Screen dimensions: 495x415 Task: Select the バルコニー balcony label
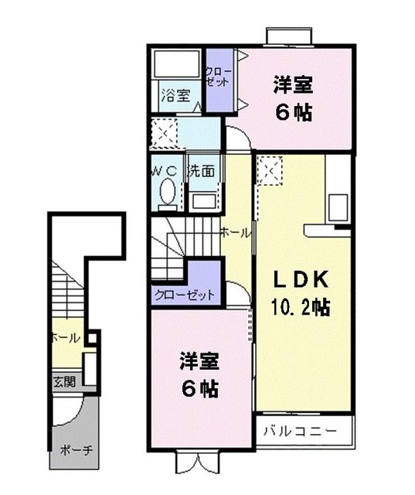click(298, 430)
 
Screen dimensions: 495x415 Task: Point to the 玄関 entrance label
click(63, 381)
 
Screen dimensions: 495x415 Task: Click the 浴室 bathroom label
click(176, 96)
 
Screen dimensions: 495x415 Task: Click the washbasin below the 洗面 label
click(203, 200)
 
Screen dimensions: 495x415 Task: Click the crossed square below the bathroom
click(164, 134)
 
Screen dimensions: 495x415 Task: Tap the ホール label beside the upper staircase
click(234, 232)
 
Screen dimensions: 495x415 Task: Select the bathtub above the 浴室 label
click(176, 64)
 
